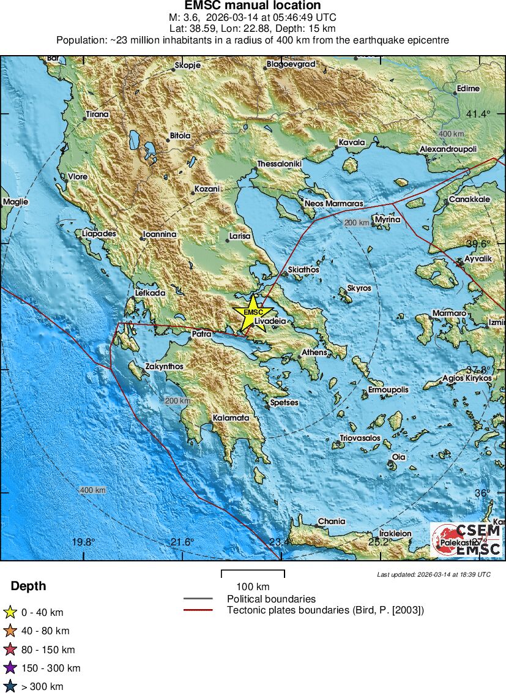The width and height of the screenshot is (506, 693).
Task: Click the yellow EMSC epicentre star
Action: (x=253, y=312)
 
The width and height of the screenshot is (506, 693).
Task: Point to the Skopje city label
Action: (x=187, y=65)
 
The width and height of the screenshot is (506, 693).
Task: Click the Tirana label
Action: (x=97, y=114)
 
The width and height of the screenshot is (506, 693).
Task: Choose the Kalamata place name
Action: (x=231, y=418)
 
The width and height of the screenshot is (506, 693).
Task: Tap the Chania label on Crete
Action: (x=332, y=522)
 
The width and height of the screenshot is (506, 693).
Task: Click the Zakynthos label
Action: (x=164, y=367)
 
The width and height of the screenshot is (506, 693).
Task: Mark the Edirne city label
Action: (x=468, y=88)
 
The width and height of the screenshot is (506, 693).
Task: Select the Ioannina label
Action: (x=160, y=234)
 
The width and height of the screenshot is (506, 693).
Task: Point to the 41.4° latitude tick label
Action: (x=478, y=114)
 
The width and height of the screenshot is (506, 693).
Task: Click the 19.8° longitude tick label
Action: (x=83, y=542)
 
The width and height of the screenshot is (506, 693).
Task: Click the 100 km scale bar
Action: (x=253, y=574)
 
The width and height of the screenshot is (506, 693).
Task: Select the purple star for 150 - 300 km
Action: (x=10, y=668)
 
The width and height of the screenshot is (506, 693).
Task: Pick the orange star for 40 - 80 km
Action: (x=10, y=631)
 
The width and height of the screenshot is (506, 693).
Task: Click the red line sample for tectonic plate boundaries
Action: (x=198, y=610)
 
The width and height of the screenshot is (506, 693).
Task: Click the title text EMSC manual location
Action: (x=253, y=6)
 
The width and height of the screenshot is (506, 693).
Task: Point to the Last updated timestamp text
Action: (x=434, y=574)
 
